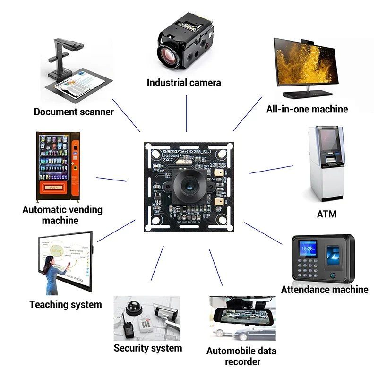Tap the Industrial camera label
coord(184,83)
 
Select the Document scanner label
coord(74,112)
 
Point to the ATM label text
coord(326,214)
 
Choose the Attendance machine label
coord(325,289)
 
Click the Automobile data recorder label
coord(241,356)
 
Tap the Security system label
coord(147,348)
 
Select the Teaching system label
coord(66,304)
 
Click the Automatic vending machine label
coord(62,215)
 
